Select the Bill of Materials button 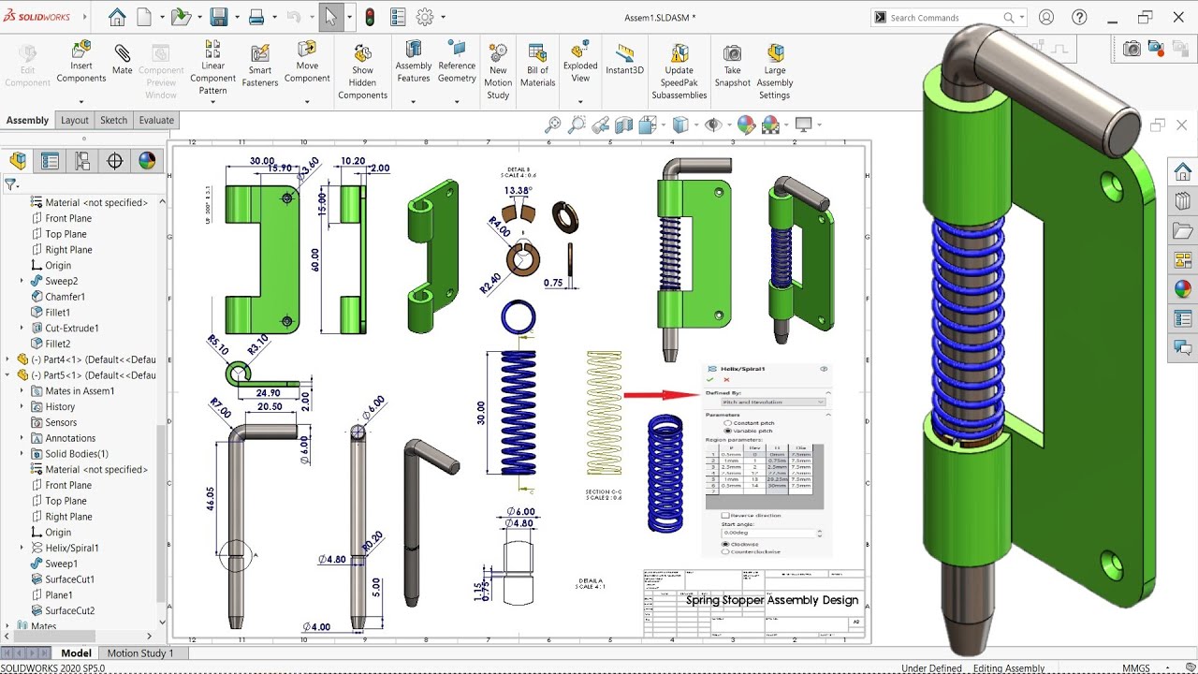537,64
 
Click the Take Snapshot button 732,64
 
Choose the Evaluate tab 156,120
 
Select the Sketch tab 113,120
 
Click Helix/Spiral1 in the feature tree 72,548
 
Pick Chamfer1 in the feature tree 66,297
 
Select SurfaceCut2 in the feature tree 70,610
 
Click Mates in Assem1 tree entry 80,391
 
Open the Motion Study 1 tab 140,653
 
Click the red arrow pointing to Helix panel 661,395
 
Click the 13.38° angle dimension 518,190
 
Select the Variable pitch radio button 728,431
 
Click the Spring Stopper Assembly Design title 771,600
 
